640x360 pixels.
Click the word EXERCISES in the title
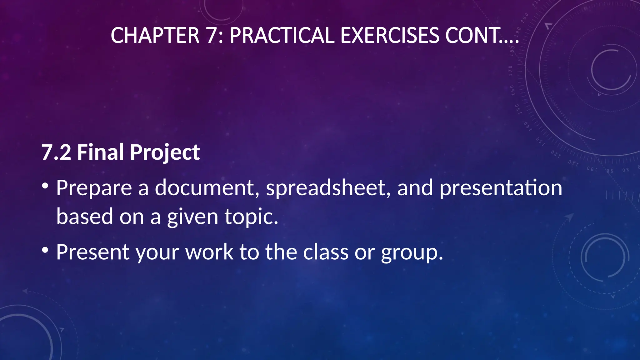coord(390,35)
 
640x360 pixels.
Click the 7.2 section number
coord(56,152)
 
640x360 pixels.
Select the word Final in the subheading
coord(100,152)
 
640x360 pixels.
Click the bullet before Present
coord(45,250)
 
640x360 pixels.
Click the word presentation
coord(501,188)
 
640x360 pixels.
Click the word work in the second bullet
coord(209,252)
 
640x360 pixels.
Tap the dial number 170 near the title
coord(511,71)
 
